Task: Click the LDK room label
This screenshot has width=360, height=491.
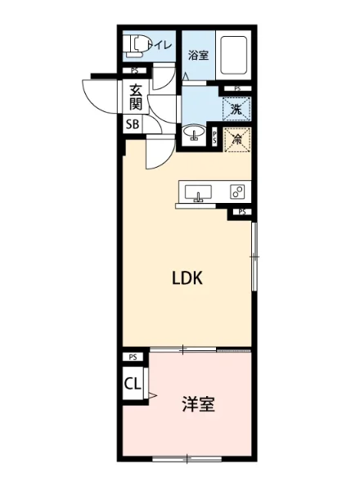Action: pos(187,278)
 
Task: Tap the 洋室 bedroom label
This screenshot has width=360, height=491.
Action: pos(198,405)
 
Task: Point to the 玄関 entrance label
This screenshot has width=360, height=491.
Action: pos(134,97)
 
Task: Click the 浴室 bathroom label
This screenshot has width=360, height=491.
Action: pos(197,56)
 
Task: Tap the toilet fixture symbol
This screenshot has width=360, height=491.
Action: pos(137,46)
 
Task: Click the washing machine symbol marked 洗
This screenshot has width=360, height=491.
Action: pos(235,107)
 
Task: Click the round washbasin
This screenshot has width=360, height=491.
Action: pos(196,133)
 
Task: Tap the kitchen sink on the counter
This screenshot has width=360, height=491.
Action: pos(196,193)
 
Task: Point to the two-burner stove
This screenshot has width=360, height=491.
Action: pos(237,192)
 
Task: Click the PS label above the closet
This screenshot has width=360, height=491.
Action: pos(133,358)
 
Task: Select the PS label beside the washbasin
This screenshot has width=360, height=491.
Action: pos(215,138)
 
